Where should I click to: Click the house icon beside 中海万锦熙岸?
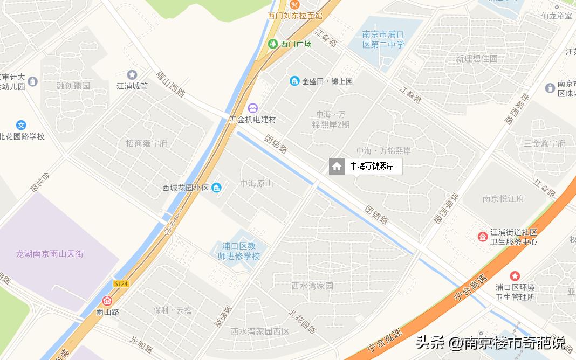337,167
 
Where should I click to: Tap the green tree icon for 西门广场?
273,44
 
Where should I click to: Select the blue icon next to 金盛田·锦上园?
294,81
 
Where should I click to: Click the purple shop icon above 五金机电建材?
253,108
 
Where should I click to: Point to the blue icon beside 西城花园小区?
216,188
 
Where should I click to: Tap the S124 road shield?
121,283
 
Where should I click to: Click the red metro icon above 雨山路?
107,301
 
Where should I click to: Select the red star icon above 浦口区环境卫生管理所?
515,276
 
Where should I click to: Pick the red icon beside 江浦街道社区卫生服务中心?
482,237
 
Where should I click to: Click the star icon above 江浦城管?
132,74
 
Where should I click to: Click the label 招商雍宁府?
147,143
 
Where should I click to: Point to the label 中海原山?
257,183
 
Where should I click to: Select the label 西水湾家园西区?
260,331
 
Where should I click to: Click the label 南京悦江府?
503,198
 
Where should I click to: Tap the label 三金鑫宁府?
544,143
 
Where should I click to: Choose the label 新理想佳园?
476,58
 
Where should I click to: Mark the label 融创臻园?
73,85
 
